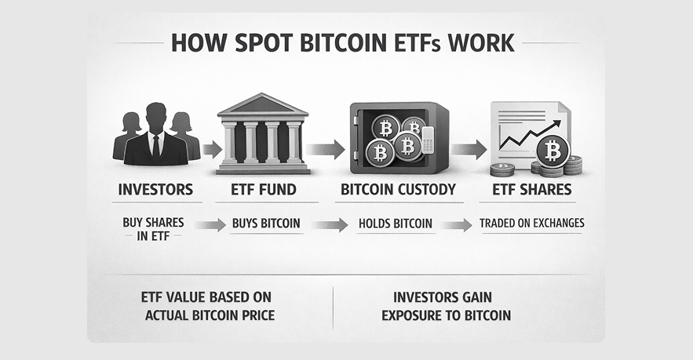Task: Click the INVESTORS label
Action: point(155,190)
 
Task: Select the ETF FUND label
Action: point(264,190)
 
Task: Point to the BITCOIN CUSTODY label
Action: point(398,190)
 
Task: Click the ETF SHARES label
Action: point(532,190)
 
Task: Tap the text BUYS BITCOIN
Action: point(266,223)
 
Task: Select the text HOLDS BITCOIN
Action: point(396,223)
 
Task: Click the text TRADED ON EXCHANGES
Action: point(532,223)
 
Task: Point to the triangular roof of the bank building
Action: point(263,104)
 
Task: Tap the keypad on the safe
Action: point(428,140)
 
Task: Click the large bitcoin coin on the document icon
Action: point(553,151)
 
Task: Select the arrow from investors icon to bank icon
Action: point(212,149)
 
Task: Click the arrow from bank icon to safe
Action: point(325,149)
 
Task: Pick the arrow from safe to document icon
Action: point(469,149)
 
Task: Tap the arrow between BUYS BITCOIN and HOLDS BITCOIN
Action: point(330,225)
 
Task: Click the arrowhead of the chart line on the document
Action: point(556,123)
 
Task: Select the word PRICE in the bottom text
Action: point(258,315)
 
